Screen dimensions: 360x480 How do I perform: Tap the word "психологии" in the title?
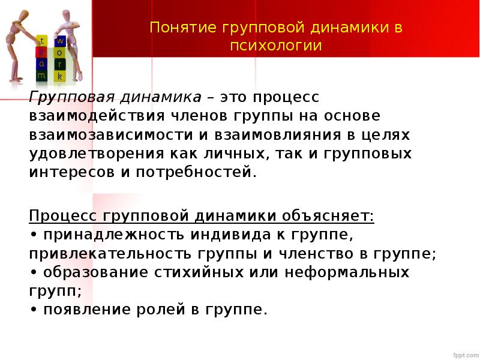[276, 46]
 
